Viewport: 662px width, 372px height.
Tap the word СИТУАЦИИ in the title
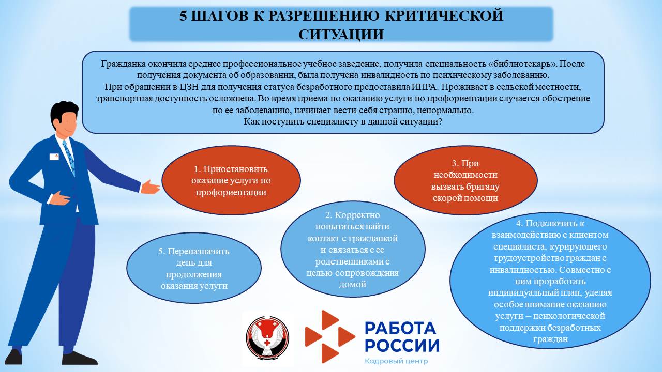click(341, 34)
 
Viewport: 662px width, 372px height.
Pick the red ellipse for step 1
click(231, 180)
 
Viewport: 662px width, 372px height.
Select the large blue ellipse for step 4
click(550, 282)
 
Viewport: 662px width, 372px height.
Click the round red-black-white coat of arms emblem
click(268, 337)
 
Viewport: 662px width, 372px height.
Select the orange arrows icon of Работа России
click(328, 336)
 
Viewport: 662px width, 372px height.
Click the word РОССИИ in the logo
click(401, 345)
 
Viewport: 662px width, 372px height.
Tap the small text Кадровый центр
click(396, 361)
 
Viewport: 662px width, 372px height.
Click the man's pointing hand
click(151, 187)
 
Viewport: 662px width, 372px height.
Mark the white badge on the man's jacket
click(54, 156)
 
